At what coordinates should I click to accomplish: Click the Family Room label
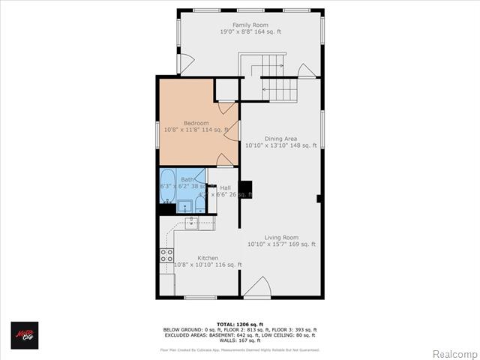pos(250,25)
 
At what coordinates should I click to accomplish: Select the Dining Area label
pos(281,138)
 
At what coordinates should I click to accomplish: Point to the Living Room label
pos(281,237)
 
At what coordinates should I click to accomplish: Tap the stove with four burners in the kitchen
pos(166,255)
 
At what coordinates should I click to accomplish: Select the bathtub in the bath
pos(167,187)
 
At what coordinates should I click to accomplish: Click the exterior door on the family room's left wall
pos(185,64)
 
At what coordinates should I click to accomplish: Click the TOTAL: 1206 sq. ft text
pos(240,324)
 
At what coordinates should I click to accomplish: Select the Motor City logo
pos(24,335)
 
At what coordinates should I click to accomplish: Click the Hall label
pos(225,187)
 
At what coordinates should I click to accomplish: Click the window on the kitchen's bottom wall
pos(200,298)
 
